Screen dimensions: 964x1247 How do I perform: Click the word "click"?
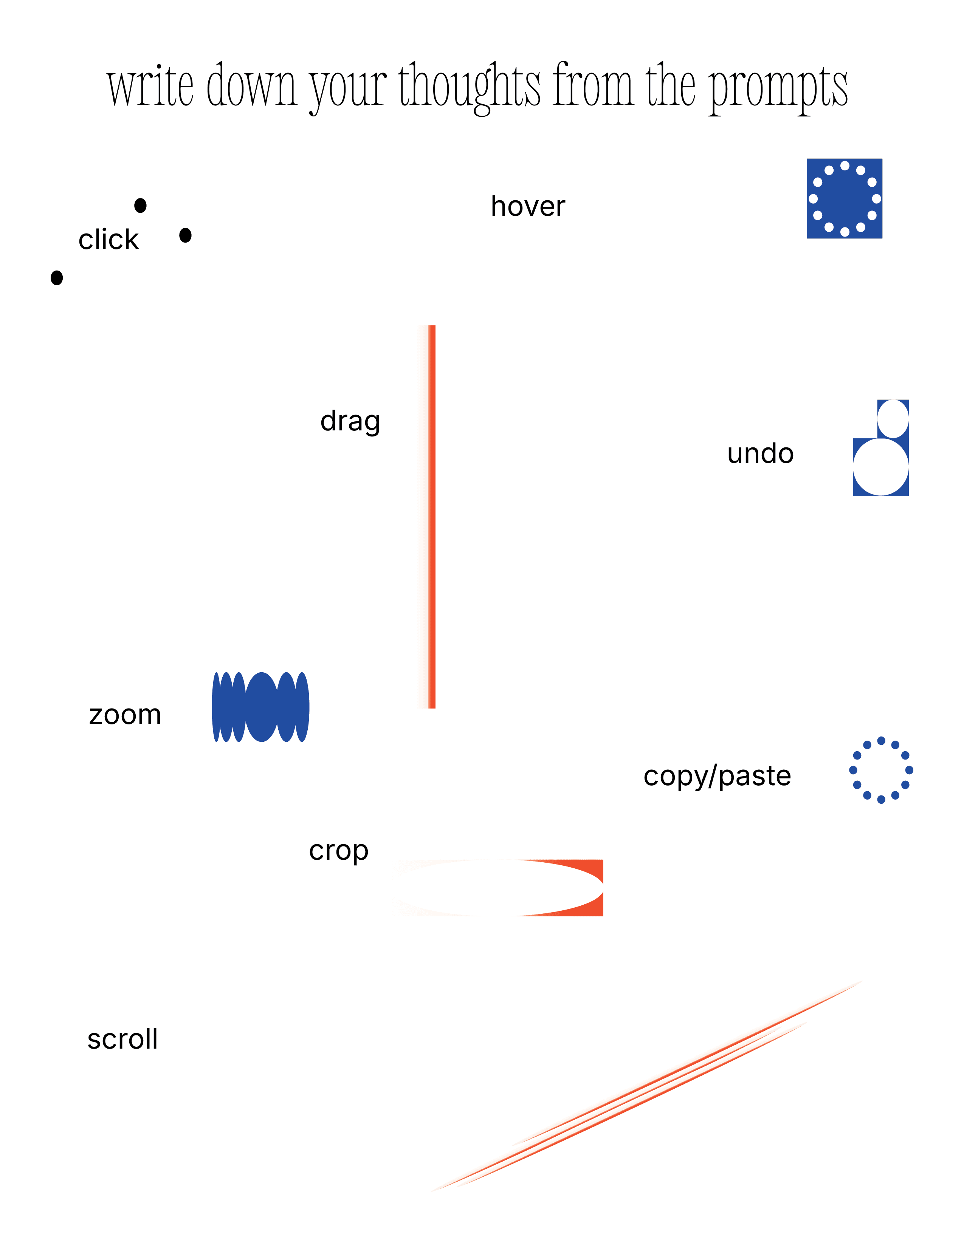coord(108,240)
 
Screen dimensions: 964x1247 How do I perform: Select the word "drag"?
coord(350,422)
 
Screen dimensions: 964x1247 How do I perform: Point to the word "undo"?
coord(761,454)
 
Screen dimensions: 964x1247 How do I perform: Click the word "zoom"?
coord(126,715)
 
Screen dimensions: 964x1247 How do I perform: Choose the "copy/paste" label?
coord(717,777)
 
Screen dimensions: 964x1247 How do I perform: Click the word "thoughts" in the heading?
coord(470,87)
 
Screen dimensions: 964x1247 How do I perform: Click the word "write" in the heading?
coord(151,86)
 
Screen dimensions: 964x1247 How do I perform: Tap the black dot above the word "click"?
coord(141,206)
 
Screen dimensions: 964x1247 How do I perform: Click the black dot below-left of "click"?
coord(57,278)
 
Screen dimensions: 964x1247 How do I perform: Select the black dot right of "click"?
coord(185,235)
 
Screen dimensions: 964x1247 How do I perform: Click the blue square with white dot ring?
coord(844,199)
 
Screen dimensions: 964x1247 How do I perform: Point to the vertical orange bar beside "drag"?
coord(432,517)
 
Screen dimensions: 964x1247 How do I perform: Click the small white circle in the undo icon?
coord(893,419)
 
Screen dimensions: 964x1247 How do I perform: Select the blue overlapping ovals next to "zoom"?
coord(260,707)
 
